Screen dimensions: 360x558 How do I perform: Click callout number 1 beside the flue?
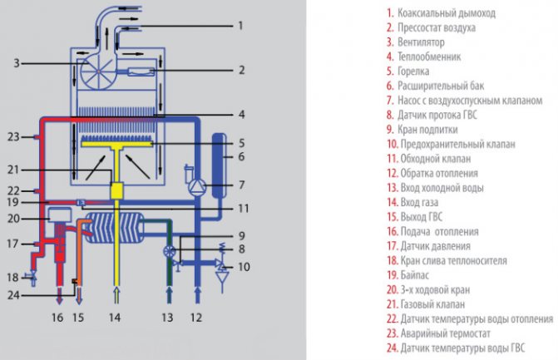(240, 26)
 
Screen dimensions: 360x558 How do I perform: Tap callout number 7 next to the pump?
(241, 184)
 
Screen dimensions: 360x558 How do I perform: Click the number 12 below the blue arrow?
(196, 317)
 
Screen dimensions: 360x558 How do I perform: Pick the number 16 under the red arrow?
(57, 317)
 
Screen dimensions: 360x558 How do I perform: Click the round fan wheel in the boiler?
(99, 72)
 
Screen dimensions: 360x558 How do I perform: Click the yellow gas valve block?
(116, 190)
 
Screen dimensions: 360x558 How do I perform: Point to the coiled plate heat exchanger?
(117, 227)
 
